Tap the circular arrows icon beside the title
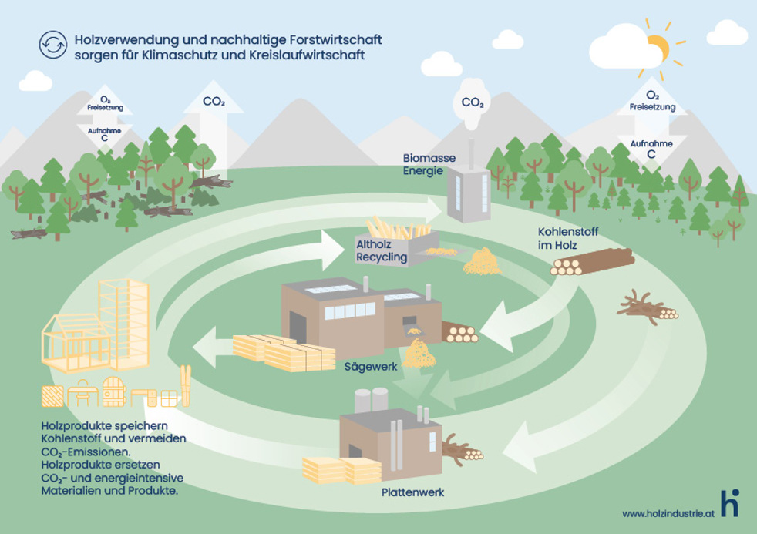pos(52,45)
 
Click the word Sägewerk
pos(372,367)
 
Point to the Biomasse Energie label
pos(429,164)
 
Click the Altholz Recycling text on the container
pos(381,251)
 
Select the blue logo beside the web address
pos(728,502)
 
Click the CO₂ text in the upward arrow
pos(214,102)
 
